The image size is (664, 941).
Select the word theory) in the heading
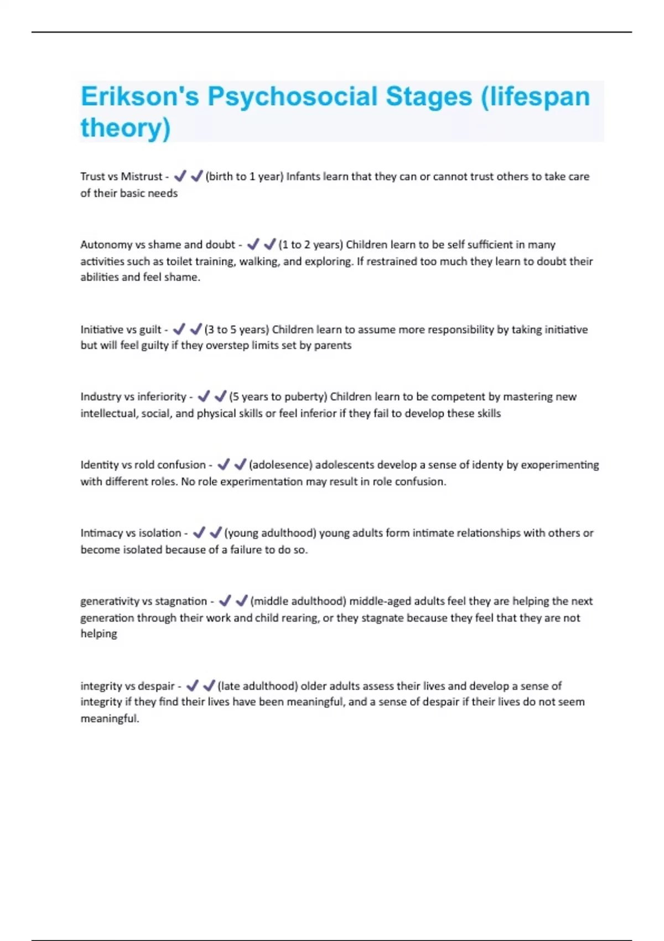point(126,128)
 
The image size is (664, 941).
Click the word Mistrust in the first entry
point(142,177)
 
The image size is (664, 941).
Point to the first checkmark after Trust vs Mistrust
point(180,176)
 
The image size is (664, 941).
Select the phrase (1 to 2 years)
point(310,245)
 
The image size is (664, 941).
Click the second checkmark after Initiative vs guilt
point(196,329)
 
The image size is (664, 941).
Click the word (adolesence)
point(281,465)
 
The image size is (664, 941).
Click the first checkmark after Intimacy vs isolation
point(199,532)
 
